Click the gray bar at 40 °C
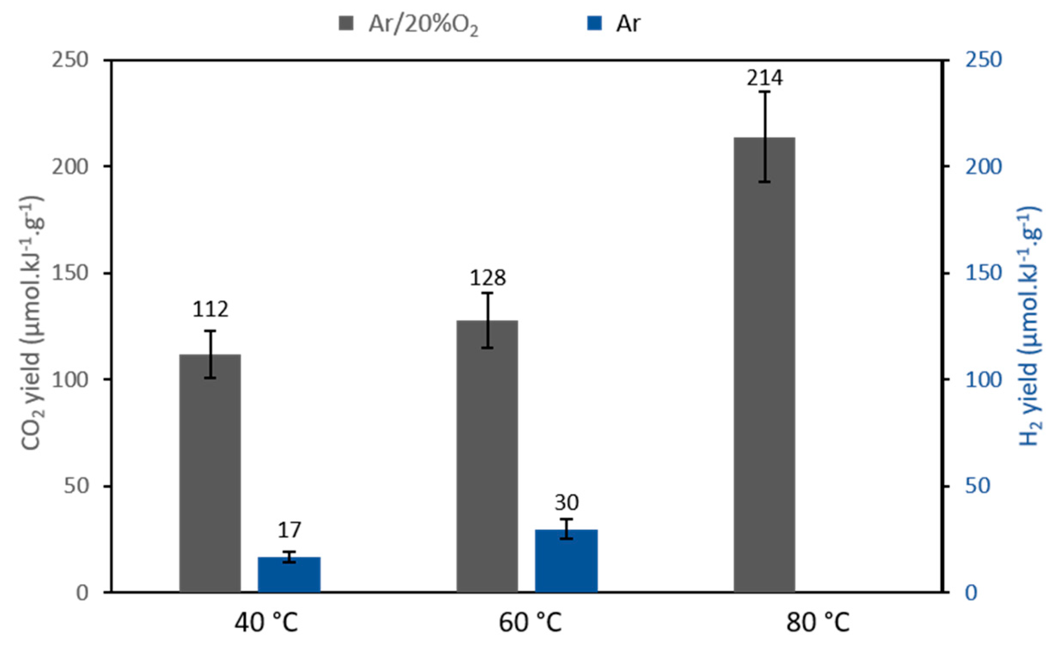[x=210, y=473]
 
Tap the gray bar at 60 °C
[x=487, y=456]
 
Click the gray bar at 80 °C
[x=764, y=365]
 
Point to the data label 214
[x=764, y=78]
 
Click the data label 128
[x=487, y=278]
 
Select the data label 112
[x=210, y=309]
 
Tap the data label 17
[x=289, y=530]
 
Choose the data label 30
[x=566, y=502]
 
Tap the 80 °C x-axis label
[x=817, y=622]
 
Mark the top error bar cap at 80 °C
[x=764, y=92]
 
